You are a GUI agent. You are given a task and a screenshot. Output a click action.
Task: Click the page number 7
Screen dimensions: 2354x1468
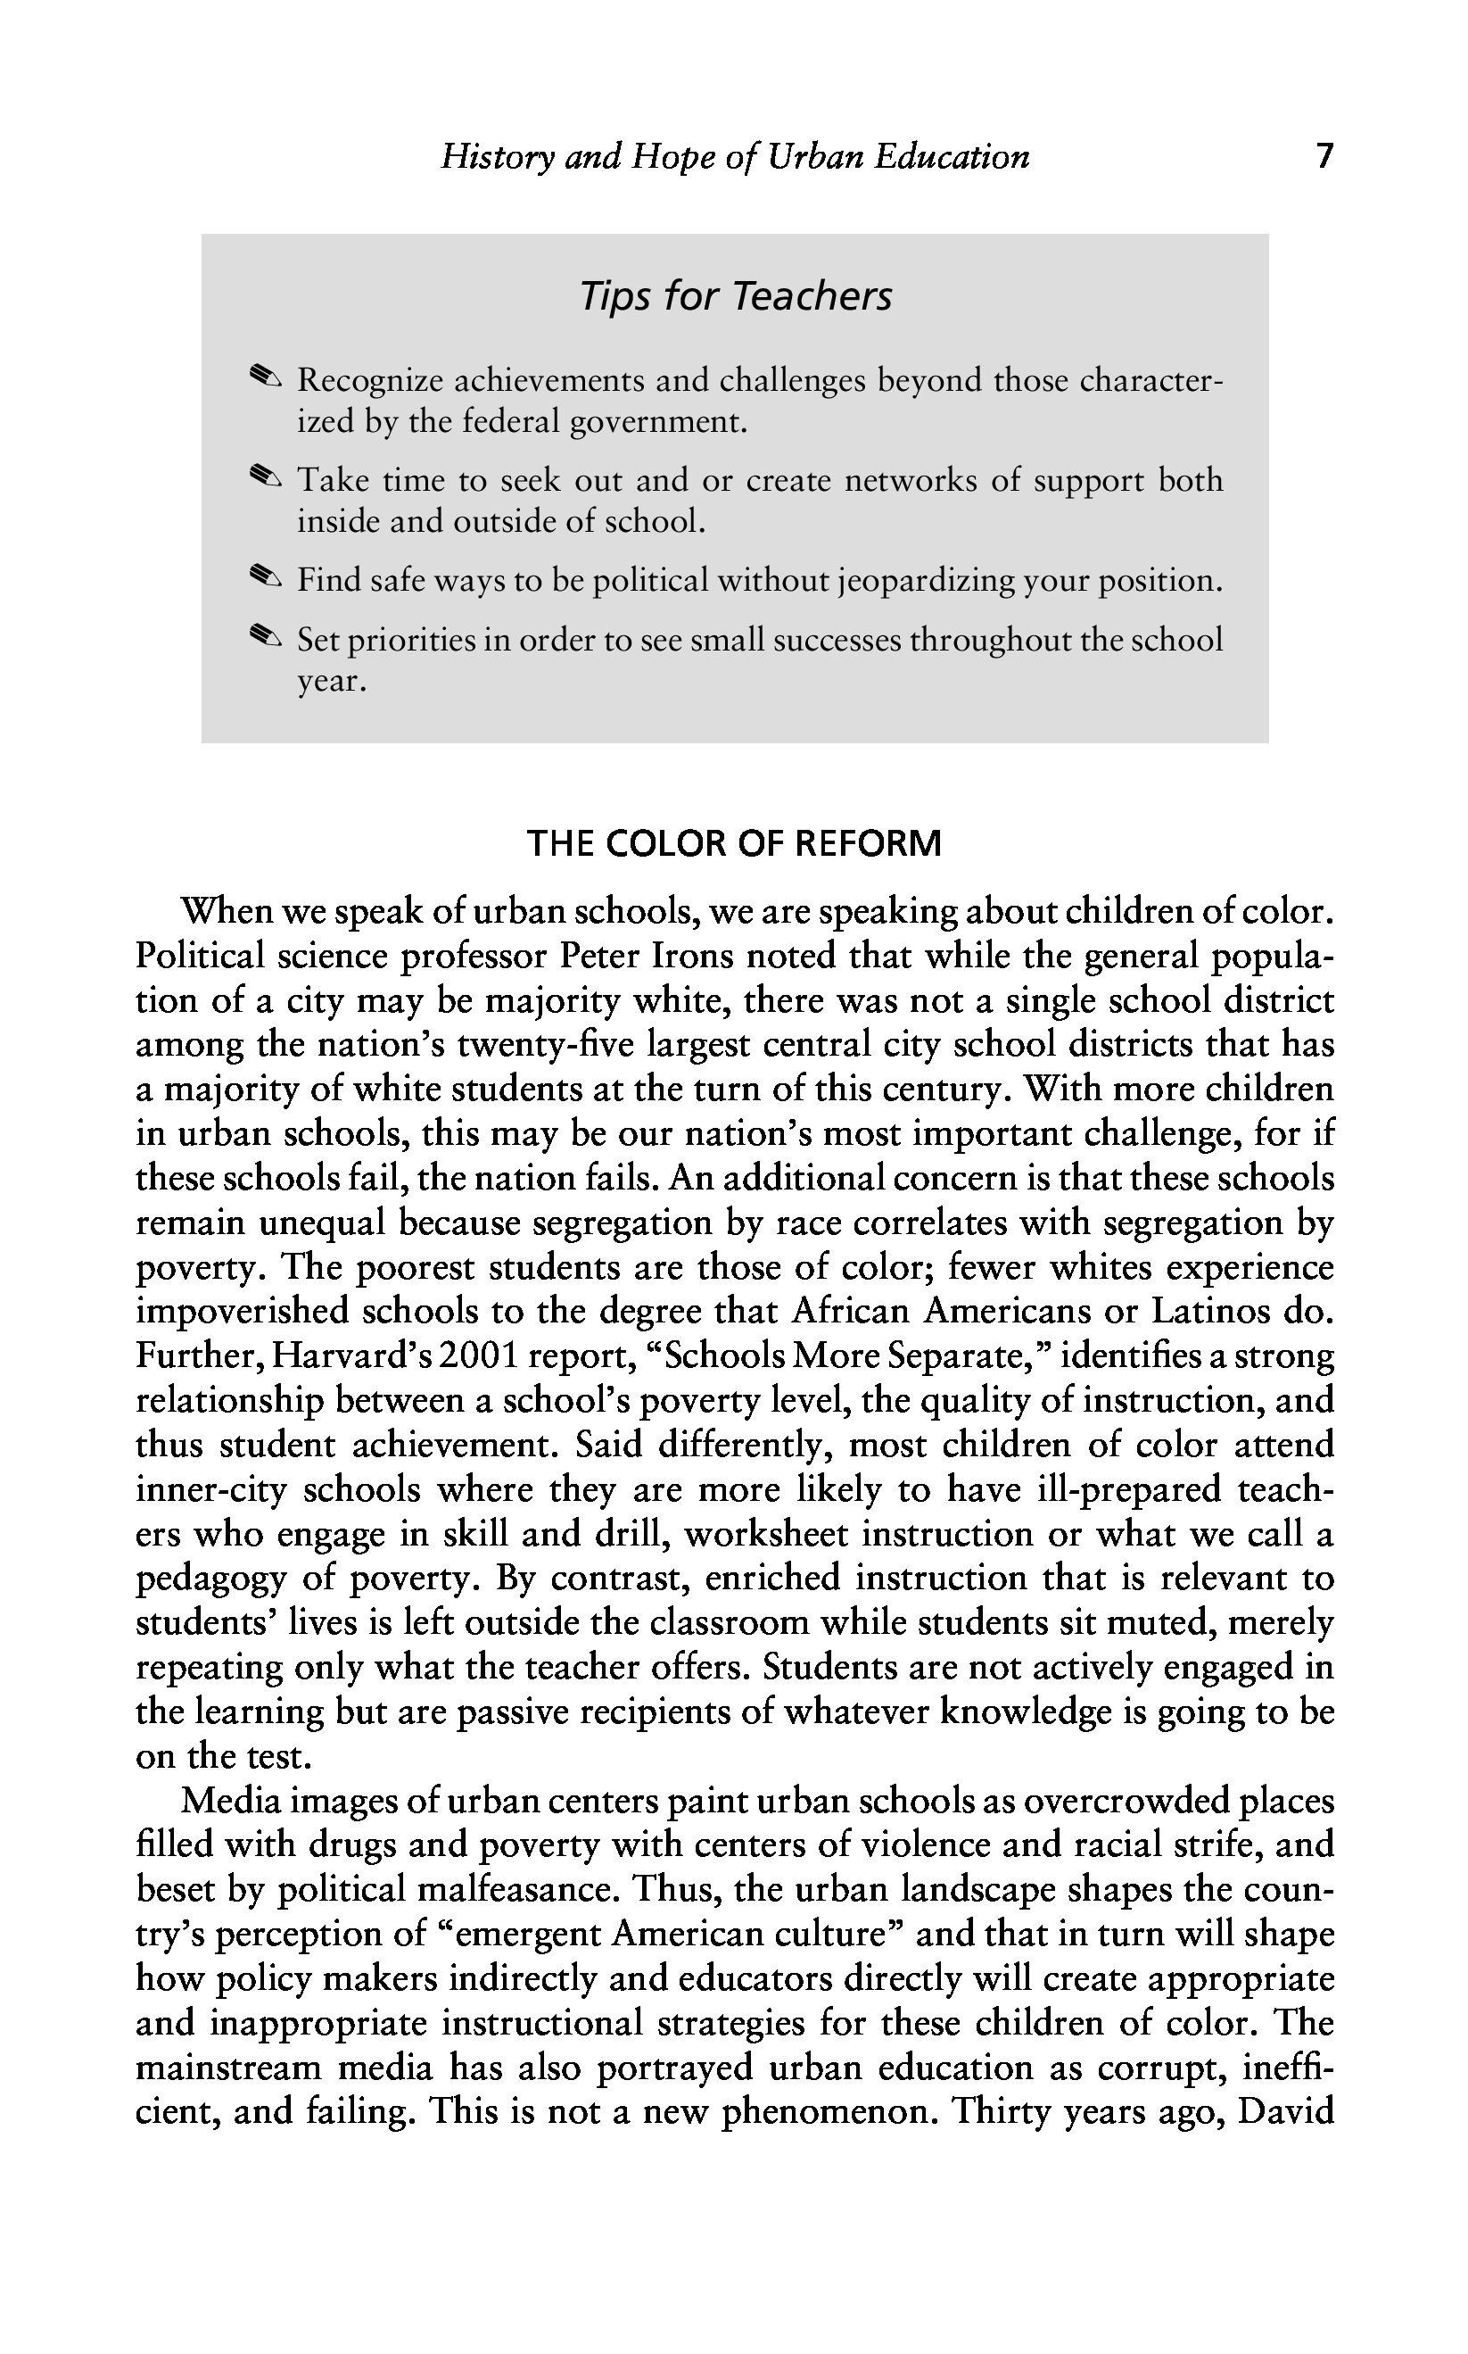coord(1324,156)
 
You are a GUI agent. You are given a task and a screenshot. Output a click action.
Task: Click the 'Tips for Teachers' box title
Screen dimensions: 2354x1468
coord(735,296)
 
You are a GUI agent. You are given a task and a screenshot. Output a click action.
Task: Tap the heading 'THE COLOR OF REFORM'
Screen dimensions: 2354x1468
coord(734,843)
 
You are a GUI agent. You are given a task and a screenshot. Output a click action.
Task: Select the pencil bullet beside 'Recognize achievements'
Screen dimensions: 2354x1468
coord(264,377)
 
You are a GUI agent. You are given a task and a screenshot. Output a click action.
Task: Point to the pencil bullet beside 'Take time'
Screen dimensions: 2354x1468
coord(264,477)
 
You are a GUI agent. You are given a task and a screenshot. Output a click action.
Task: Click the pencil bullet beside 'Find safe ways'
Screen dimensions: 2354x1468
coord(264,579)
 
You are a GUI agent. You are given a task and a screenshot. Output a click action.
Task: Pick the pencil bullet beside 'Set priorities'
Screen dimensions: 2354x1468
coord(264,638)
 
